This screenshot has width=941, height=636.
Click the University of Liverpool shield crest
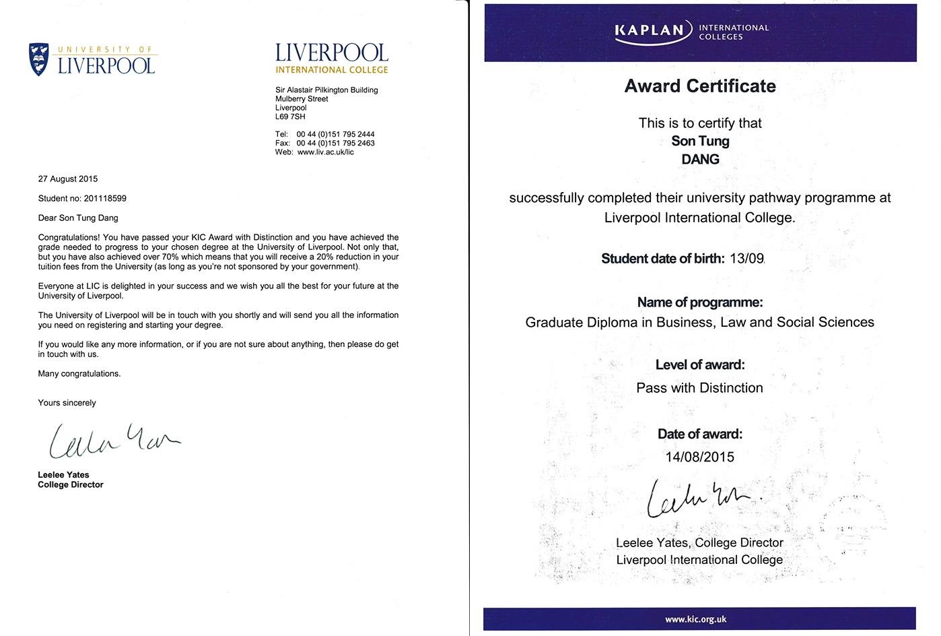click(39, 59)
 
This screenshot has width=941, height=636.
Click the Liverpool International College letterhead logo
click(332, 59)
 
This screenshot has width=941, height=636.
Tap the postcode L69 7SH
click(290, 117)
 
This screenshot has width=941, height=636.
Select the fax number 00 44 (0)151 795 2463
click(335, 143)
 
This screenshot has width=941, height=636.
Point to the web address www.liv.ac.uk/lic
click(325, 152)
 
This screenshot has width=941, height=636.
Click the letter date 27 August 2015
click(68, 179)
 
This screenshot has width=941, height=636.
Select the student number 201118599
click(105, 199)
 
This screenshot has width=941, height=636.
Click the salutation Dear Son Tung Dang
click(78, 218)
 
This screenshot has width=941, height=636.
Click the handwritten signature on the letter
click(113, 439)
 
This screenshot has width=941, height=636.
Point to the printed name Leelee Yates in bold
click(63, 475)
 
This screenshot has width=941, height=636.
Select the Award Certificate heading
click(700, 86)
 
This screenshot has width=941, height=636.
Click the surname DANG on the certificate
click(700, 160)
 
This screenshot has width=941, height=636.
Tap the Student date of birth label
click(662, 259)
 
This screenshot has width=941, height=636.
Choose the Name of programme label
click(700, 303)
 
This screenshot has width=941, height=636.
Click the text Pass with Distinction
click(699, 388)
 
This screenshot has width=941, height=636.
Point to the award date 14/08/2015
click(699, 457)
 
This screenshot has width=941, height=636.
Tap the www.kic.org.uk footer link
click(695, 619)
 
